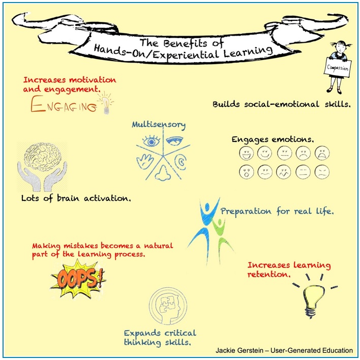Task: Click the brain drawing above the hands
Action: click(x=42, y=155)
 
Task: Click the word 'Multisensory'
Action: click(x=159, y=124)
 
